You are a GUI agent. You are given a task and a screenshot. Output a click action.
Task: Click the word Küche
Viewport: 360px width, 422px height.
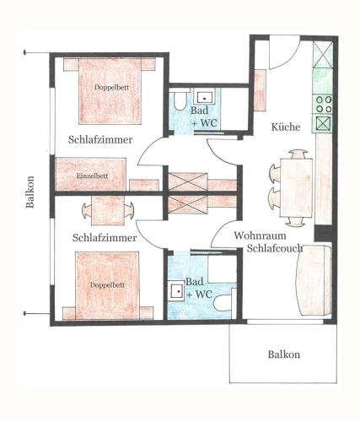tap(286, 127)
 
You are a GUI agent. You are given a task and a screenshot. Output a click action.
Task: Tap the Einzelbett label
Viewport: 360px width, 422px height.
tap(92, 176)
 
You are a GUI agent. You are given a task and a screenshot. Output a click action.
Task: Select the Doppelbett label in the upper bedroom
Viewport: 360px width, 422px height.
tap(111, 87)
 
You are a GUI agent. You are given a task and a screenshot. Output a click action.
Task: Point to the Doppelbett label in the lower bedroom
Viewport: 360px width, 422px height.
tap(107, 285)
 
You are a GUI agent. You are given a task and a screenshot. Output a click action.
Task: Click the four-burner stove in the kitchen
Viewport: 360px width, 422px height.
tap(324, 104)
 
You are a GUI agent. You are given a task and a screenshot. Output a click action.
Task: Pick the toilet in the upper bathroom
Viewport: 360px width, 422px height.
tap(180, 100)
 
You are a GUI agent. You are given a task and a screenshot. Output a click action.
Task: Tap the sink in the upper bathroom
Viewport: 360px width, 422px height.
tap(205, 98)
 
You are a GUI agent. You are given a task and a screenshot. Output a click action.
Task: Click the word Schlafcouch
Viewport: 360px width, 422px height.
tap(275, 248)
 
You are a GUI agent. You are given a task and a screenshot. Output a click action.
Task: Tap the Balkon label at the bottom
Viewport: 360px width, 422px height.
tap(284, 354)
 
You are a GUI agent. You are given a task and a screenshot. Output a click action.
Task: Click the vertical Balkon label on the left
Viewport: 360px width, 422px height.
tap(30, 192)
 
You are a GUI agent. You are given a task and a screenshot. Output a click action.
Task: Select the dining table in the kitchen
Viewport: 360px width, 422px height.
tap(296, 188)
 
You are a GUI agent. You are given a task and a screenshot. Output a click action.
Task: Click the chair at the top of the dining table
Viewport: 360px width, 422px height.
tap(298, 154)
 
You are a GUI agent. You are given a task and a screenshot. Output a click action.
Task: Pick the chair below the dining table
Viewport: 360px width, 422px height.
tap(296, 222)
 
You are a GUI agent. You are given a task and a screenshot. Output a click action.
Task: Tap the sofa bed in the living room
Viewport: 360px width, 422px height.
tap(314, 280)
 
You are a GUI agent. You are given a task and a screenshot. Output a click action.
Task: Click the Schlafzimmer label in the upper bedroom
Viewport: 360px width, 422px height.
tap(100, 139)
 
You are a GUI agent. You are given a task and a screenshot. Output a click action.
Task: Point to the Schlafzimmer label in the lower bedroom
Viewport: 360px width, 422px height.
tap(105, 238)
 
